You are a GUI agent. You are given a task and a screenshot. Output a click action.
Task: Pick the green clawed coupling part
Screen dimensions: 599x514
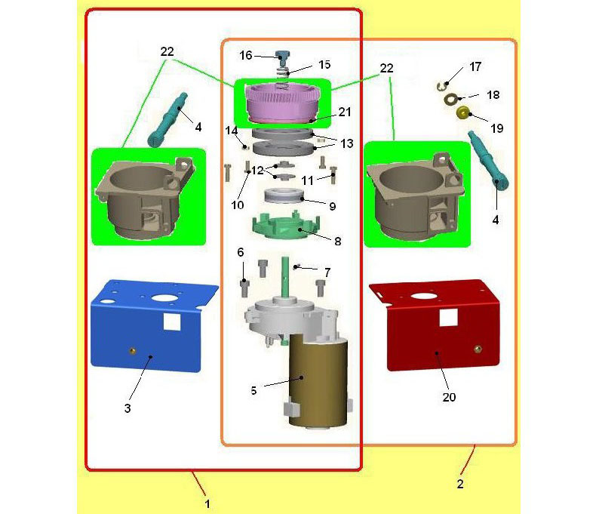pos(285,226)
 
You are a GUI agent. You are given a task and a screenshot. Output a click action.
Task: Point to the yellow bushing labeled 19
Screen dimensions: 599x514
pos(463,113)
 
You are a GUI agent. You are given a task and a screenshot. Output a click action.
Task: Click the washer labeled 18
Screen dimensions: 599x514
pos(451,100)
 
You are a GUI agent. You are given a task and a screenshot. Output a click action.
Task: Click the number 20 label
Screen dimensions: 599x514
pos(449,398)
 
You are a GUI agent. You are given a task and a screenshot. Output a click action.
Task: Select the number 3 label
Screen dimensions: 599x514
pos(127,408)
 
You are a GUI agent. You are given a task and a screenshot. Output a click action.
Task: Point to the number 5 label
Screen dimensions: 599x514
pos(253,390)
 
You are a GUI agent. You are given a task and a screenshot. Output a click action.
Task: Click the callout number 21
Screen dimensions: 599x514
pos(345,112)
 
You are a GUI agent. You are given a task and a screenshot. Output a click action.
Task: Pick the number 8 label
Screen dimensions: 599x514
pos(338,241)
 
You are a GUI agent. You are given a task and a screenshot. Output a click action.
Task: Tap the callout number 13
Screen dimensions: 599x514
pos(347,143)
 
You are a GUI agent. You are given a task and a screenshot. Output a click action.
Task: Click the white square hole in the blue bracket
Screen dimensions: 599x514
pos(172,322)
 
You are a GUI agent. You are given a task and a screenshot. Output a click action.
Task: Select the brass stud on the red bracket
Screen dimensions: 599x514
pos(477,349)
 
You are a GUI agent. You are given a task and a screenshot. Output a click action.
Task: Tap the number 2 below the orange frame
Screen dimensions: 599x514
pos(460,484)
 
